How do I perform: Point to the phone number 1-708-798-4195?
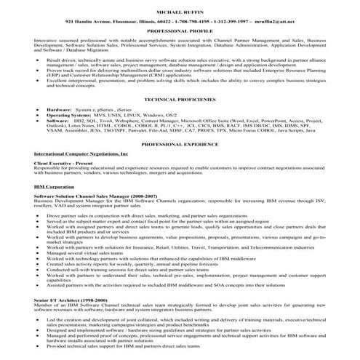pyautogui.click(x=180, y=23)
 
